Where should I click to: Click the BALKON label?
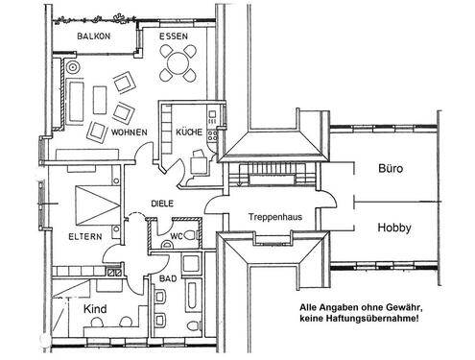(x=93, y=36)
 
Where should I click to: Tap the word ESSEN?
(x=175, y=36)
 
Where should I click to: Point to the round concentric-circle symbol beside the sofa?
(x=72, y=68)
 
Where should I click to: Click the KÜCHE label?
(x=189, y=133)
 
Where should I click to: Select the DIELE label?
(x=161, y=203)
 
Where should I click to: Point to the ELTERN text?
(x=84, y=236)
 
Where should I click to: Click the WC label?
(x=176, y=235)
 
